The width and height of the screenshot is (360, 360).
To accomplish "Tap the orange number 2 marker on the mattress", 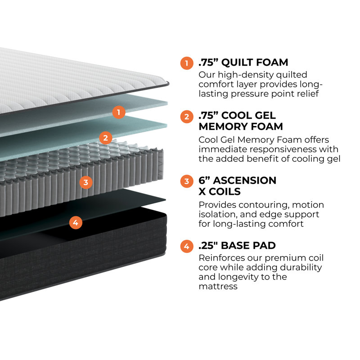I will [x=105, y=138].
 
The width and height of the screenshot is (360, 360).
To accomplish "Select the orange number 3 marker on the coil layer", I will [x=85, y=182].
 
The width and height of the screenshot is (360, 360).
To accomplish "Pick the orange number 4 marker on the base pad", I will [x=76, y=222].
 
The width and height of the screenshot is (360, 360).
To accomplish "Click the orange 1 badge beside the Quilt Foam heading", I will [x=186, y=63].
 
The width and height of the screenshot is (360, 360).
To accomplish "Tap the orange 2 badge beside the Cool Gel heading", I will [x=186, y=117].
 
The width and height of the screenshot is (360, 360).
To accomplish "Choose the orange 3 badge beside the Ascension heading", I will [x=186, y=181].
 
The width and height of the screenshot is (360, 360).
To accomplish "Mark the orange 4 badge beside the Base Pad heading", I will [x=186, y=246].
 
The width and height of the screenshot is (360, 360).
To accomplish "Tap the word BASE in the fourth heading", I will [x=238, y=246].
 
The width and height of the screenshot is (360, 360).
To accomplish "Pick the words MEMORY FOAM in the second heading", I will [x=241, y=127].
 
